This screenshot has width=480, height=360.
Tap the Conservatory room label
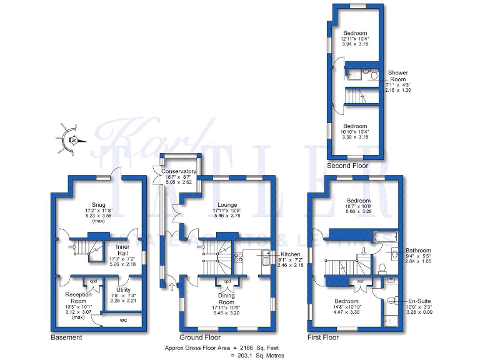[179, 172]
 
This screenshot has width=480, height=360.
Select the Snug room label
[98, 204]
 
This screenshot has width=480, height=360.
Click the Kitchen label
[290, 254]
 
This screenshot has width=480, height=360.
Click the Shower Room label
[398, 76]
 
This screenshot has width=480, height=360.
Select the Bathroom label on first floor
[418, 250]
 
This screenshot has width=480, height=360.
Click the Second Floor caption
[347, 166]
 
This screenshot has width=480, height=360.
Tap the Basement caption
[66, 337]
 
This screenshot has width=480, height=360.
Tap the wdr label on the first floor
[361, 281]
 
